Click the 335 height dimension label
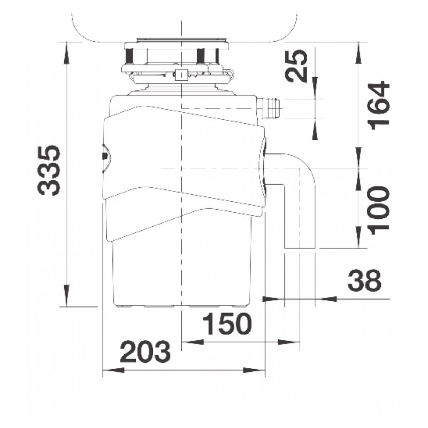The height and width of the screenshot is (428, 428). pos(49,170)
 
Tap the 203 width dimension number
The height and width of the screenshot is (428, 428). pos(145,351)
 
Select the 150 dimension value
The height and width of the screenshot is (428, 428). pos(227,324)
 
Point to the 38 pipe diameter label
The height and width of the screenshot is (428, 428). pos(364,280)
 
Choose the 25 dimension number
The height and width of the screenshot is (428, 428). pos(296,66)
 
